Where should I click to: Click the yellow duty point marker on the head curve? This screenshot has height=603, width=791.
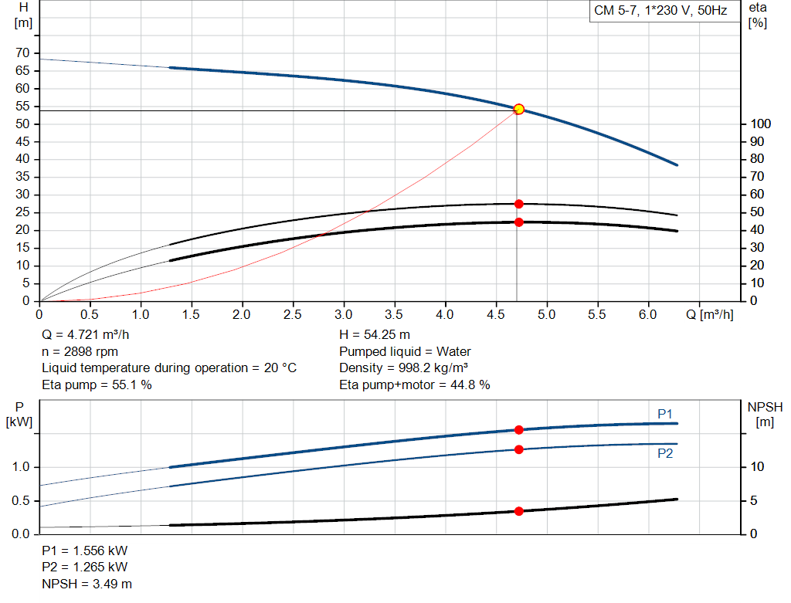point(519,109)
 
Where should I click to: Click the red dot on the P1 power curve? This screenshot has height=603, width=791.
point(519,430)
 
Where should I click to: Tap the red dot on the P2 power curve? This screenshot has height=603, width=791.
point(519,449)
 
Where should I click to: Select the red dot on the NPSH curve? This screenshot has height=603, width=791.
point(519,511)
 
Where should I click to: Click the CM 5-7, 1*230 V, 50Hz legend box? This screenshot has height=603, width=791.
point(660,12)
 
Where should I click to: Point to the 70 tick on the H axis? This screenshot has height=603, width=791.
point(23,53)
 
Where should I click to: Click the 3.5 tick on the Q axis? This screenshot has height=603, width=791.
point(395,314)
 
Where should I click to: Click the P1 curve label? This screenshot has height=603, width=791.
point(665,415)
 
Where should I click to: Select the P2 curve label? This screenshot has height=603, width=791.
point(665,454)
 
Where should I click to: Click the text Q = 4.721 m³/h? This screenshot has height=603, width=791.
point(85,336)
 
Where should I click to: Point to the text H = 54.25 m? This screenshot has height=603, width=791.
point(375,336)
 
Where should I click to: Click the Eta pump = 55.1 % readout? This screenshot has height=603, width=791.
point(97,384)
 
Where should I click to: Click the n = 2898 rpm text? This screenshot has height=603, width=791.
point(80,352)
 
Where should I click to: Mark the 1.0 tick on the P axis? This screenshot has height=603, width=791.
point(21,467)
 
